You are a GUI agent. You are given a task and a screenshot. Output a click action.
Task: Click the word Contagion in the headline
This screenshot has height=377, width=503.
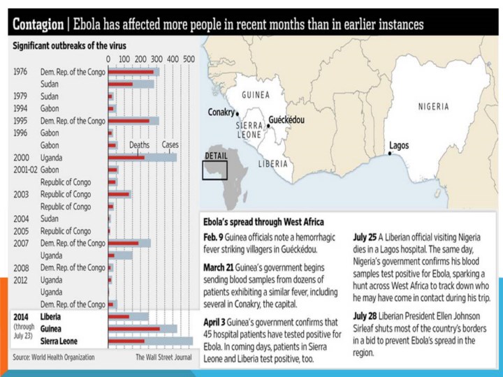(x=38, y=24)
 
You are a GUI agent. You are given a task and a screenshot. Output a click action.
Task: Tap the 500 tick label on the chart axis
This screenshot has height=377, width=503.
(x=189, y=59)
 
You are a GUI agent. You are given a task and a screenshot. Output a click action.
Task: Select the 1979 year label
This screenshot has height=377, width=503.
(x=20, y=96)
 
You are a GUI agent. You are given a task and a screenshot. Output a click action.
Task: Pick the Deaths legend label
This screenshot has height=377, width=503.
(x=139, y=145)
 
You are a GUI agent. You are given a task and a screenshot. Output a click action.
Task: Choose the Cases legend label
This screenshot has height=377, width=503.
(x=170, y=145)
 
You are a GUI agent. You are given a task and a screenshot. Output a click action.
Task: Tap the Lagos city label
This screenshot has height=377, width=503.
(x=399, y=146)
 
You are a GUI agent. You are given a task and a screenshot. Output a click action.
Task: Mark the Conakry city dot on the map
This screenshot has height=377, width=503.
(x=237, y=113)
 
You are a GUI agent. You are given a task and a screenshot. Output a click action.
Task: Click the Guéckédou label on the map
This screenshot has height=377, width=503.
(x=286, y=120)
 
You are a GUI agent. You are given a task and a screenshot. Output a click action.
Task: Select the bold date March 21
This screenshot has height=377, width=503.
(x=222, y=267)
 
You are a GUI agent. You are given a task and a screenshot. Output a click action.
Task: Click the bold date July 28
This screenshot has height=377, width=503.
(x=367, y=315)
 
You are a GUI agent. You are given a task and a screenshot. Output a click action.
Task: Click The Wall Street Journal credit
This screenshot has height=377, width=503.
(x=163, y=357)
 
